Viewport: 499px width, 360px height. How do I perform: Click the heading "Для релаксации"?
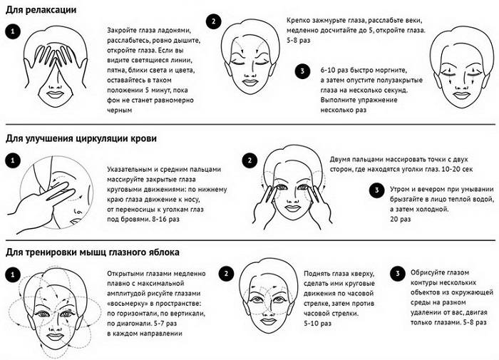41,10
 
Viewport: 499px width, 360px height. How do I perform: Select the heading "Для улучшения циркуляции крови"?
81,139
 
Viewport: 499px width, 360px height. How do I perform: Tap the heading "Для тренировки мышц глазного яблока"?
93,252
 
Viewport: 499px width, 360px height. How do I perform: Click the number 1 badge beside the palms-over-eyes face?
13,31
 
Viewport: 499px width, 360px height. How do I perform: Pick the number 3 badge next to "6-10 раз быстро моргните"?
303,71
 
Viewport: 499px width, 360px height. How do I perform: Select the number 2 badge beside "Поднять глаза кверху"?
226,274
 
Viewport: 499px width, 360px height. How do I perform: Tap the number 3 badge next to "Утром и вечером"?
377,190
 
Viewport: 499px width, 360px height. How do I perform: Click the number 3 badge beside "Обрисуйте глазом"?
398,273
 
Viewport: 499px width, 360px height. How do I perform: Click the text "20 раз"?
401,220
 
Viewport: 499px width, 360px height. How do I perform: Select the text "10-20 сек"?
457,170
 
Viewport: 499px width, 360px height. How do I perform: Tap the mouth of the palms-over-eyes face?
56,95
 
